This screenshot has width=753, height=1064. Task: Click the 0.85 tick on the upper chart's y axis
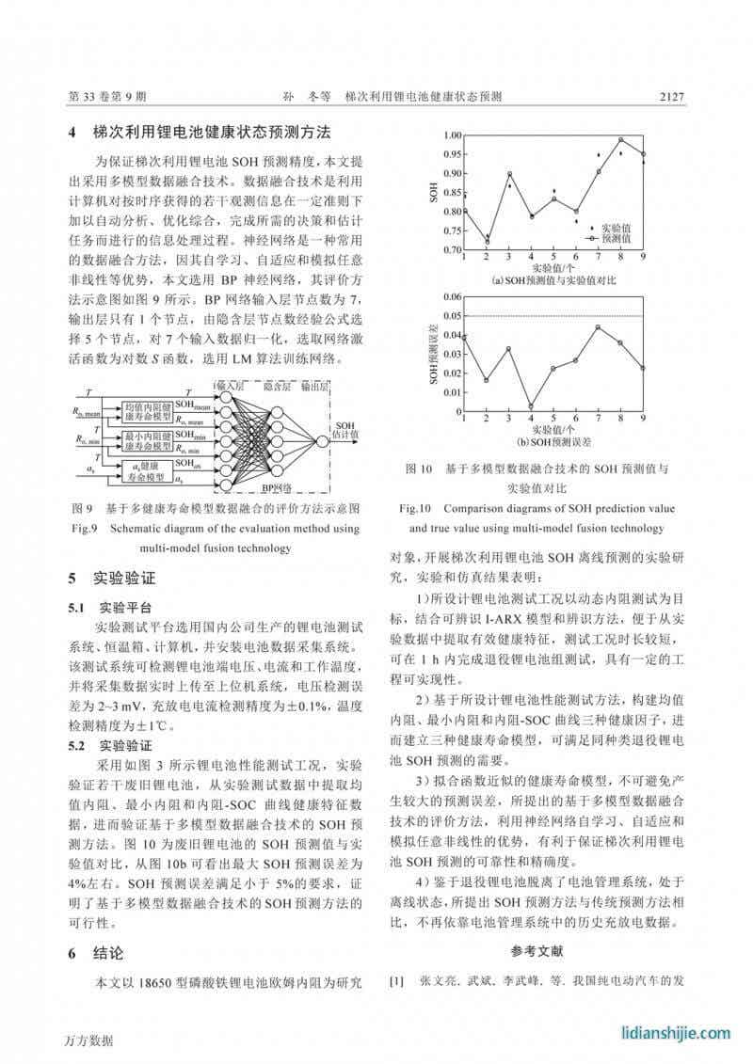coord(450,193)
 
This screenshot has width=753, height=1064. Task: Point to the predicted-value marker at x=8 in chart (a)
coord(620,139)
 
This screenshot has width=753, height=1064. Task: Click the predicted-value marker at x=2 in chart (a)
coord(487,242)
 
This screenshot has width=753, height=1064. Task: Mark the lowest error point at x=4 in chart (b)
coord(531,406)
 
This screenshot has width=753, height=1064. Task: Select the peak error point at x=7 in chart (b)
coord(598,326)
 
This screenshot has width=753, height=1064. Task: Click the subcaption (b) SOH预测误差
coord(553,440)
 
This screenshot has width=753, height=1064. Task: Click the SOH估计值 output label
coord(345,430)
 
